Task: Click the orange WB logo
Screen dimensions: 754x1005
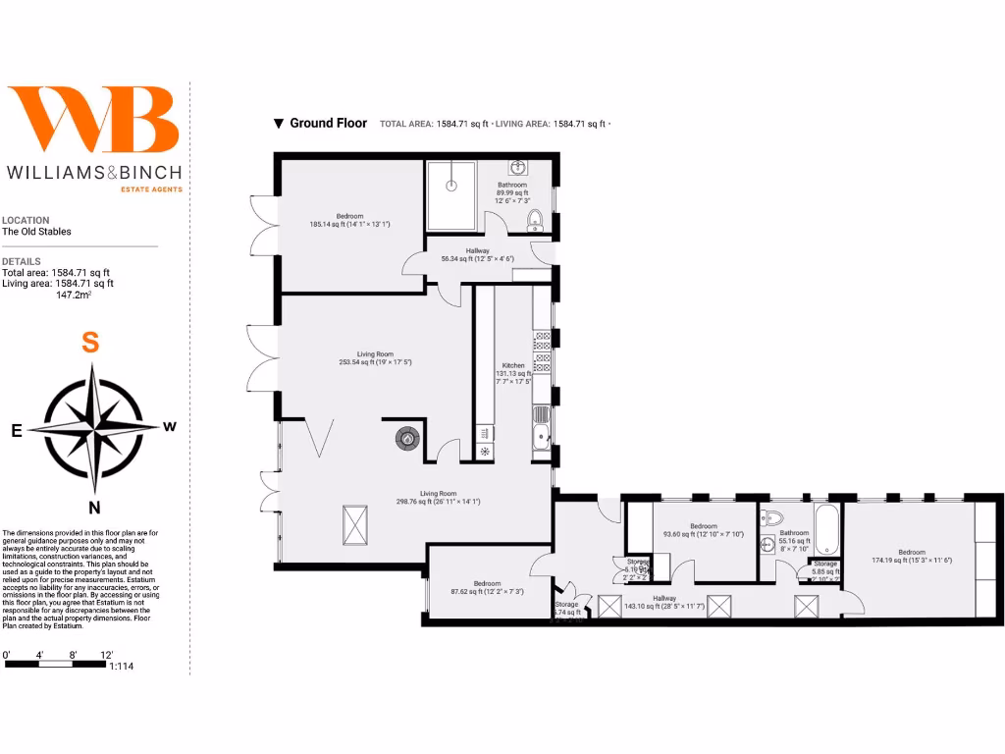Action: (x=94, y=119)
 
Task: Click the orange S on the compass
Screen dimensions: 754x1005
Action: (x=90, y=343)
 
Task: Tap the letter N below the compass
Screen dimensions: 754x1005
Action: (x=94, y=508)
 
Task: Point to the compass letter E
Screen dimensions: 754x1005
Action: (x=17, y=430)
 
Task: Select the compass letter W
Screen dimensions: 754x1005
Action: (x=170, y=426)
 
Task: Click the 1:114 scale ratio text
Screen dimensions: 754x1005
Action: (x=123, y=667)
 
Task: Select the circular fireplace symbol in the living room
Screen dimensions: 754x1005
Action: (x=406, y=439)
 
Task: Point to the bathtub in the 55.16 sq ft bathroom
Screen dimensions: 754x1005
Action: (x=826, y=530)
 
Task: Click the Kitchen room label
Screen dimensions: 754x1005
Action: (x=513, y=365)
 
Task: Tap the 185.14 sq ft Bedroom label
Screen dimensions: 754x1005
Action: (x=350, y=216)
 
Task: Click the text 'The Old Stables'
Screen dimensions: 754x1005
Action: (x=36, y=233)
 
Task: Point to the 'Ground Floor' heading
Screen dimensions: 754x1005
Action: (x=328, y=124)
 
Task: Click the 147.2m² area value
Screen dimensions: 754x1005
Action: (x=75, y=295)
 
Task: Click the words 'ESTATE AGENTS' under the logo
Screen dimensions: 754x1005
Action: (x=150, y=188)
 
